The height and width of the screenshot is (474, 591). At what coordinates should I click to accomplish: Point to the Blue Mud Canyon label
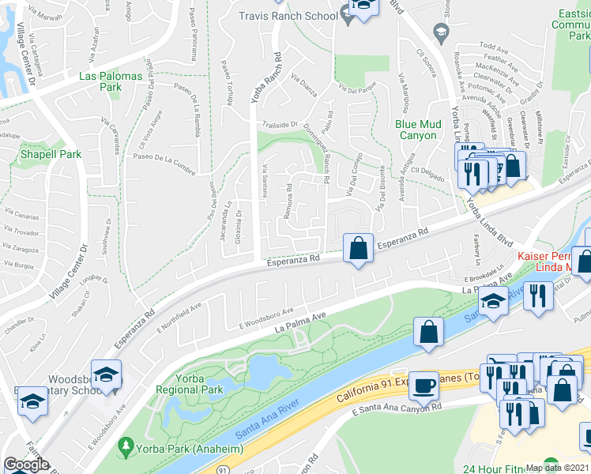point(416,130)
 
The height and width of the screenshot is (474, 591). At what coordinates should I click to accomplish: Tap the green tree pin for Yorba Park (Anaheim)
point(126,447)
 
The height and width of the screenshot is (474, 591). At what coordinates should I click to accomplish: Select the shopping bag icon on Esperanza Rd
point(359,248)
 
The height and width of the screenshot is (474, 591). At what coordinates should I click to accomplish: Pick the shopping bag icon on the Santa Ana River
point(427,332)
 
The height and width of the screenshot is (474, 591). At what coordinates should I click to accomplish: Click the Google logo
point(26,465)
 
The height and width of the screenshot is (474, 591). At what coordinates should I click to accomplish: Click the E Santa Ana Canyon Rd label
point(397,409)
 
